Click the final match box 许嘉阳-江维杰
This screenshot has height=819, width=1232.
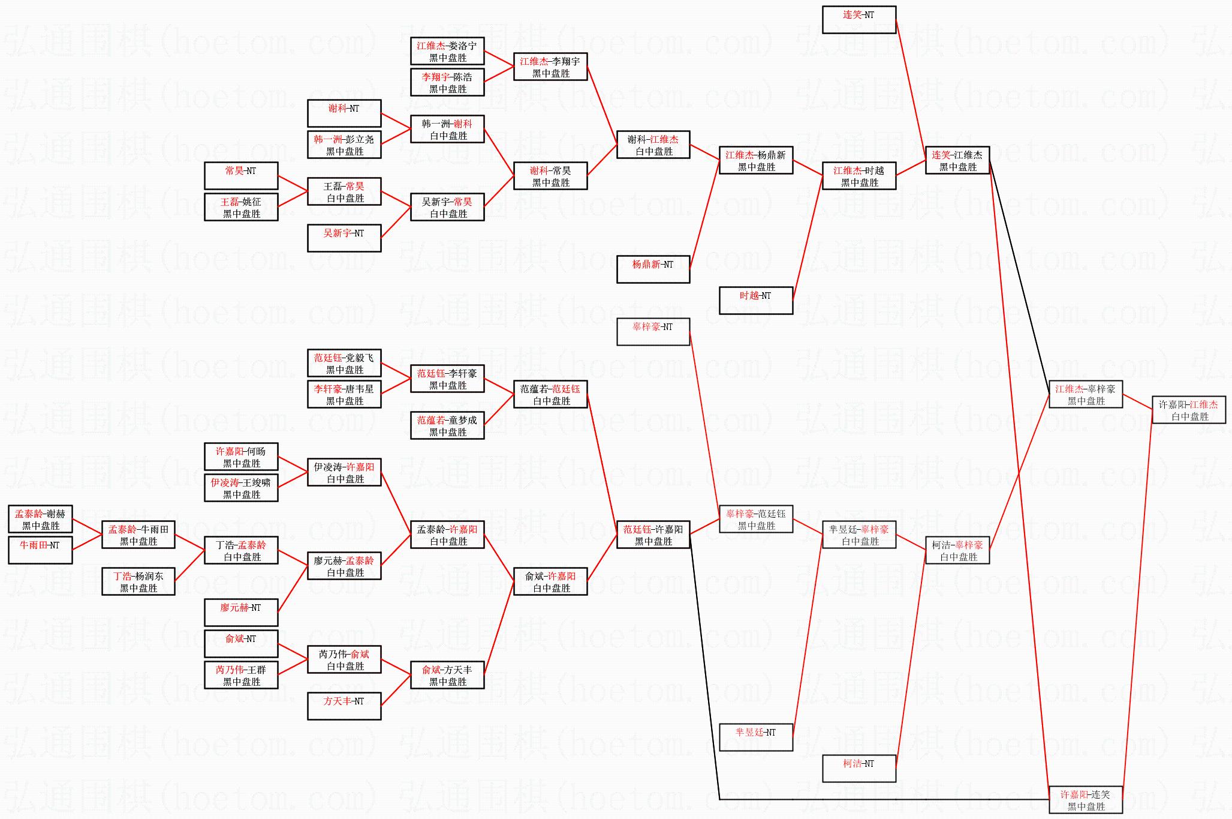[1189, 410]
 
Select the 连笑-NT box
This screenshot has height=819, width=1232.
[859, 20]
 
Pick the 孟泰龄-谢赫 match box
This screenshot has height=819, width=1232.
[40, 520]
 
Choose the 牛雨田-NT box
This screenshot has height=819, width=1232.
[40, 550]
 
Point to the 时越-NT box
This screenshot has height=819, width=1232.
[756, 301]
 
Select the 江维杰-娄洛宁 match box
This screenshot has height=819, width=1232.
[447, 52]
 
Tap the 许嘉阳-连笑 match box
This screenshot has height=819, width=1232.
[1086, 800]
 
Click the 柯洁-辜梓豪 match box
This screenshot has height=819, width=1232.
[957, 551]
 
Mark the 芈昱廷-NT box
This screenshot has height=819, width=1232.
[756, 737]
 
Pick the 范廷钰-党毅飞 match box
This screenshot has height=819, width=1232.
[344, 364]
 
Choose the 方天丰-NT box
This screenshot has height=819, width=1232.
[344, 706]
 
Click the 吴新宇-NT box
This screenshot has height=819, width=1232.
[344, 238]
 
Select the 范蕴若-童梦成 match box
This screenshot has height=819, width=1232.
[447, 426]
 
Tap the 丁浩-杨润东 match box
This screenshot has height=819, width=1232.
[138, 582]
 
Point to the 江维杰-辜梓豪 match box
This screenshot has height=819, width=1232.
[1086, 395]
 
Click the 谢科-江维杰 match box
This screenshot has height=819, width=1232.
[653, 145]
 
